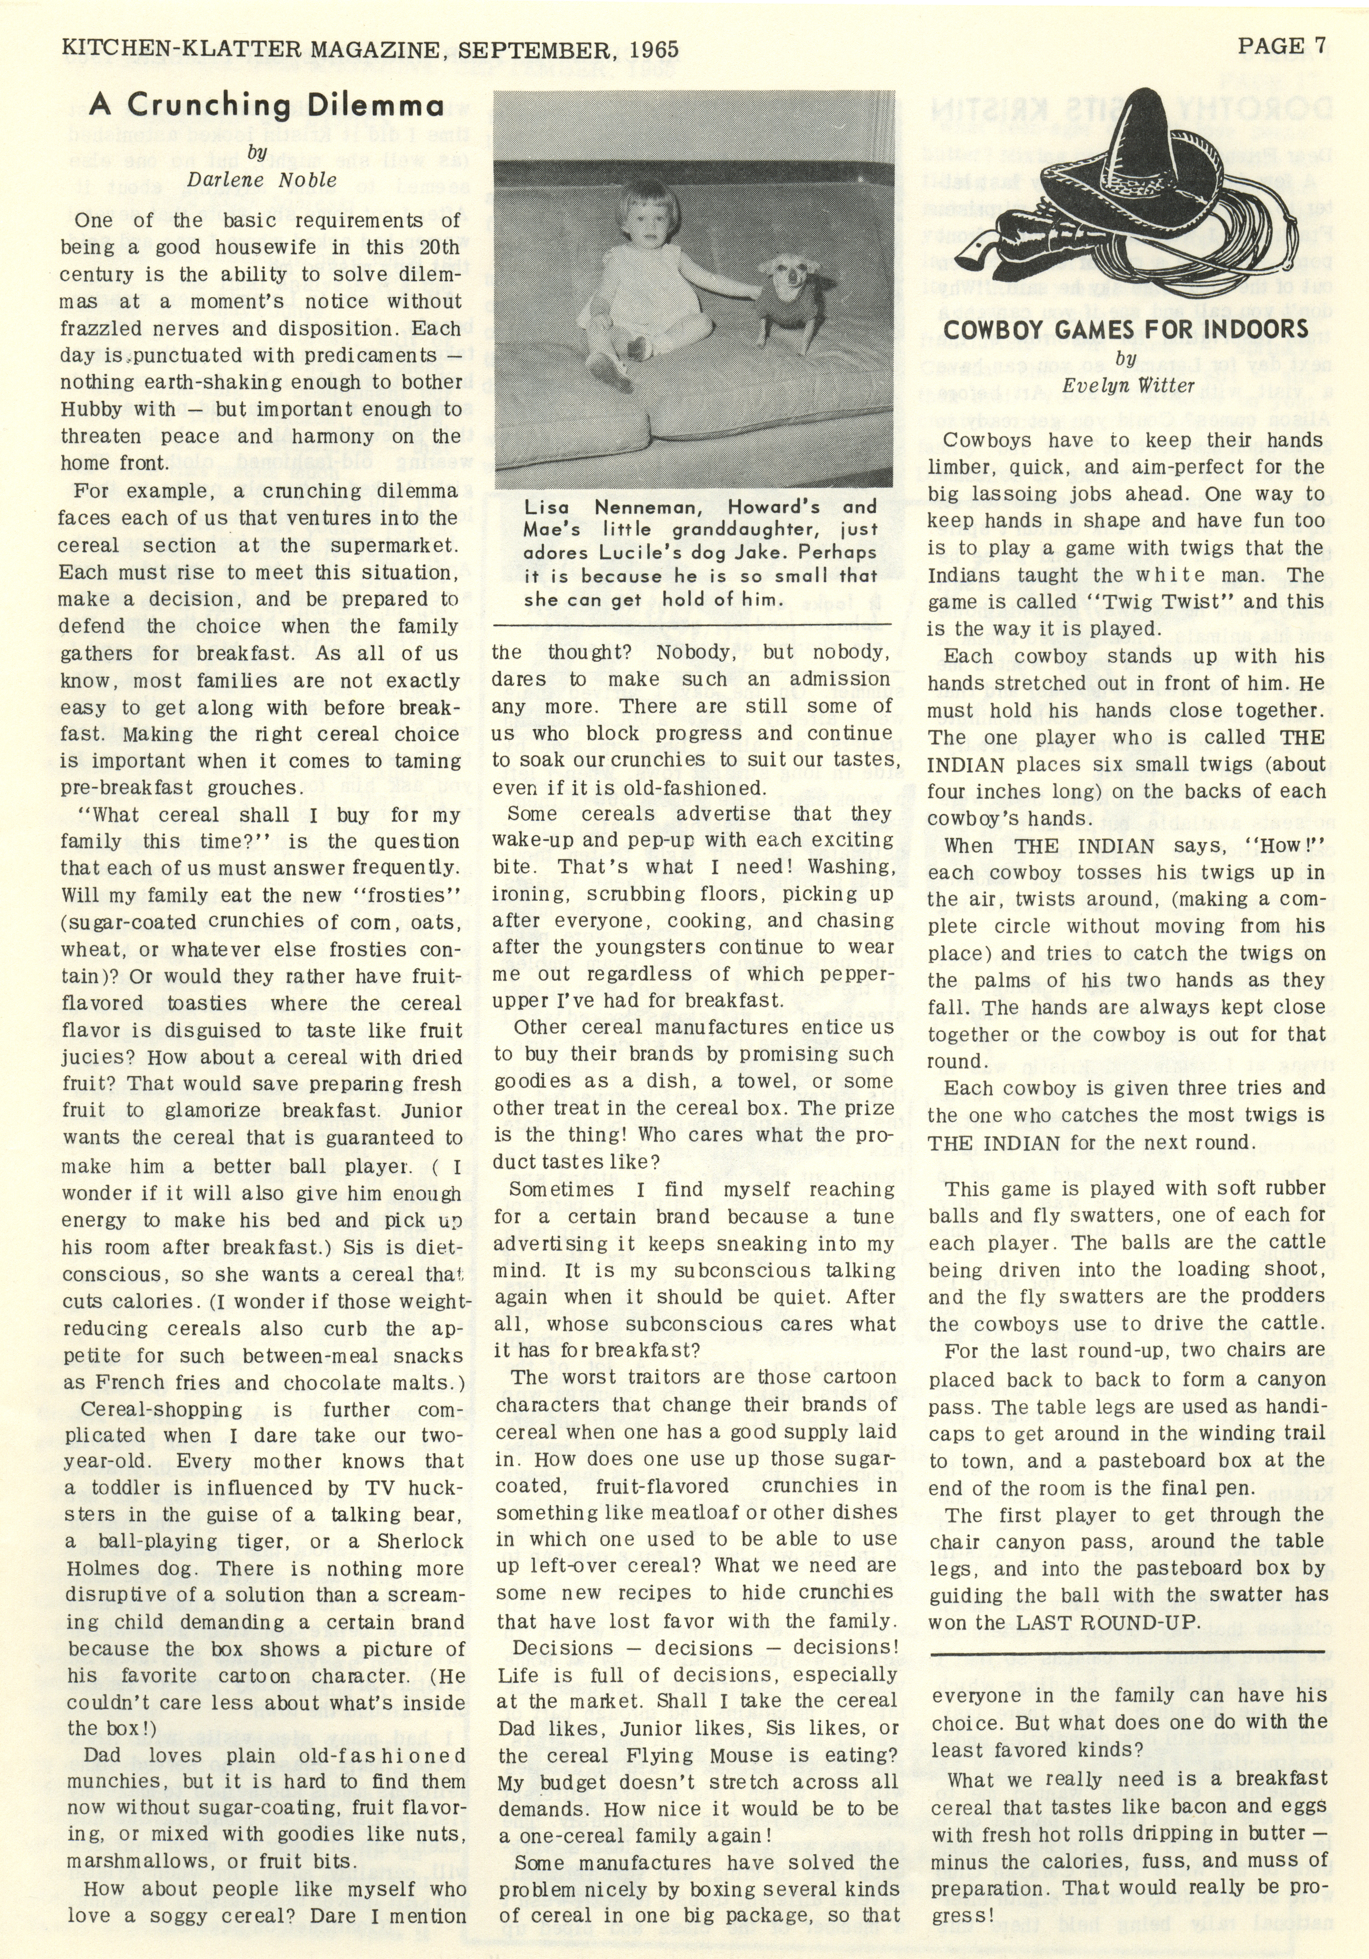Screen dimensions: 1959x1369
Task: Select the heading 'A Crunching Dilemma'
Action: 266,106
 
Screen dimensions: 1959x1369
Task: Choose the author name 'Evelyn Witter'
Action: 1128,386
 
